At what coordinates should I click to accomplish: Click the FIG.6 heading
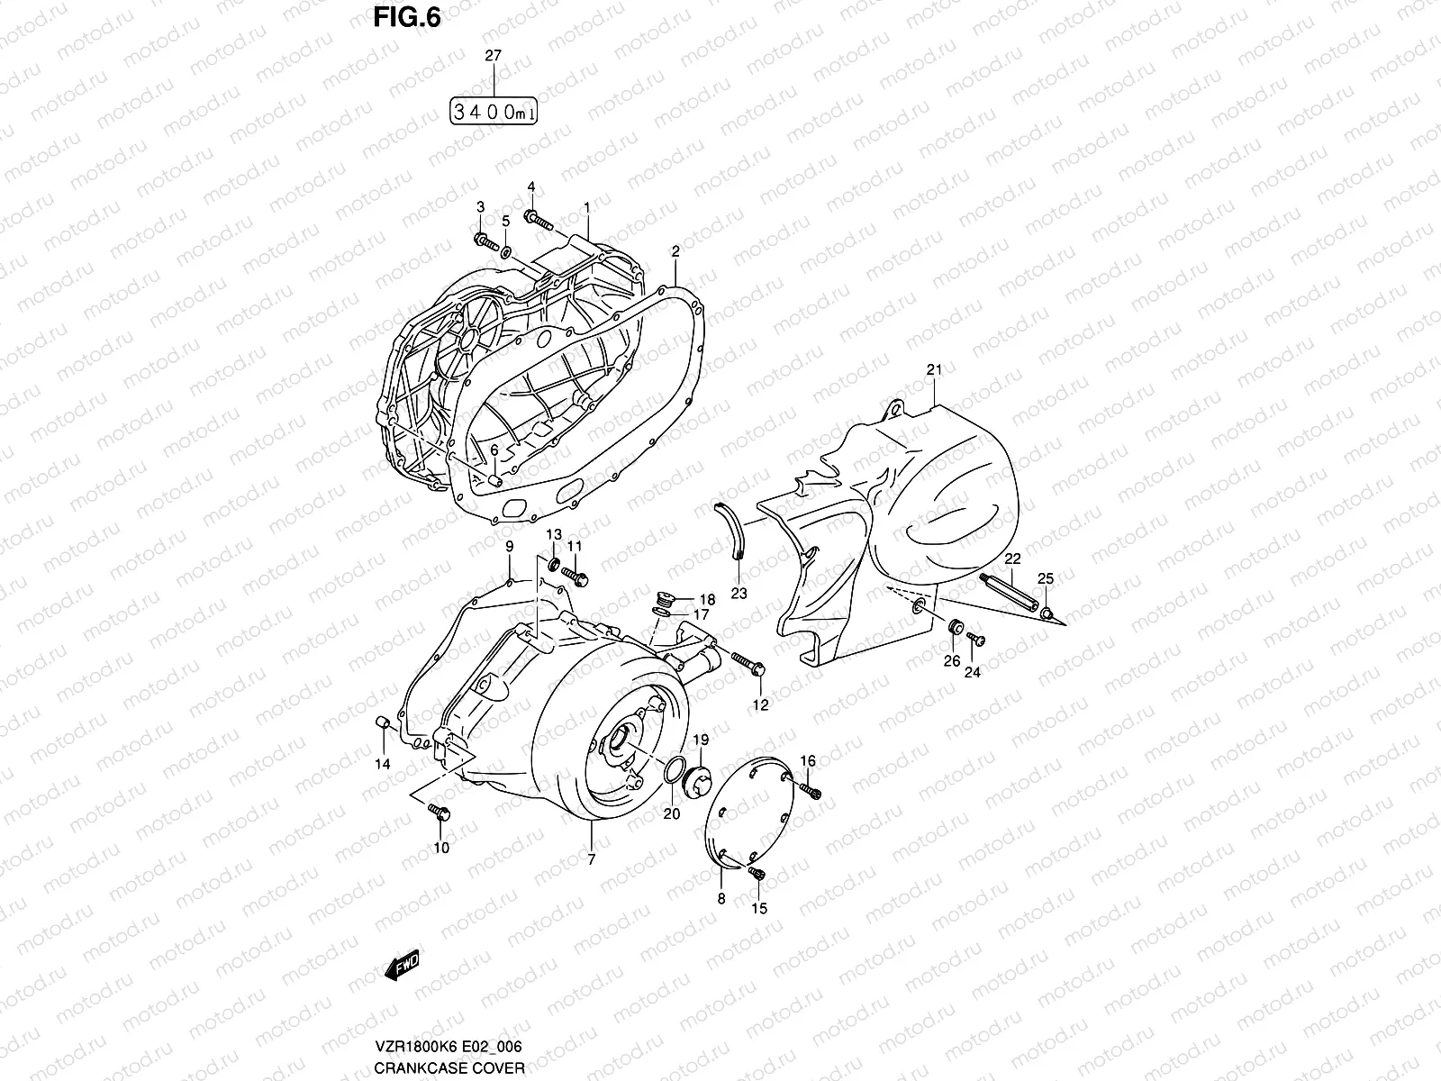click(x=409, y=18)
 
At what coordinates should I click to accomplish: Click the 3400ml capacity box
click(x=493, y=113)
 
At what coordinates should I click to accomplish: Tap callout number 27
click(x=493, y=56)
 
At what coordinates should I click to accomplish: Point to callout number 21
click(x=933, y=370)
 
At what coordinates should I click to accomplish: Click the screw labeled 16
click(x=813, y=790)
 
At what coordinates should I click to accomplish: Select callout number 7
click(x=591, y=859)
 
